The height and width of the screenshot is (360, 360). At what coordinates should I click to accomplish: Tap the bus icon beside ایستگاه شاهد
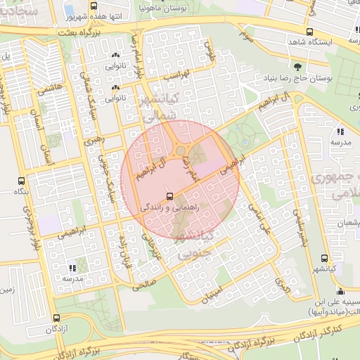(310, 32)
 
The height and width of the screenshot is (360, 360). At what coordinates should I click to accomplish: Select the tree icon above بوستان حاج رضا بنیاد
(299, 67)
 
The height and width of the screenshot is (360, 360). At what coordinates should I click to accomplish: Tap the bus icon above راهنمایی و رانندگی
(169, 196)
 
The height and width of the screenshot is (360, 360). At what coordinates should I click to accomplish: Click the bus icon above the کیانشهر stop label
(324, 258)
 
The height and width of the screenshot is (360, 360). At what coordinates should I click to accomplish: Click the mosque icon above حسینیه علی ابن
(340, 292)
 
